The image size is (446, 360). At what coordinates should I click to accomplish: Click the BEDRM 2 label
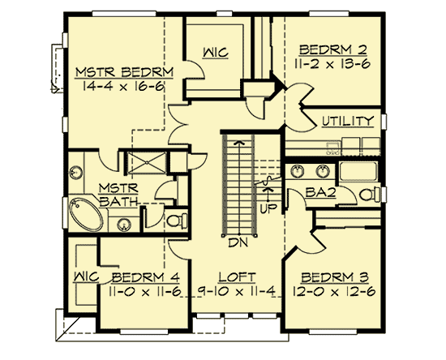[330, 46]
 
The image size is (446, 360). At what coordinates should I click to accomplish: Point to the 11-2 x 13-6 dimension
[330, 60]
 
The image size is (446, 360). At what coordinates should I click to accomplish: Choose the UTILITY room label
[347, 121]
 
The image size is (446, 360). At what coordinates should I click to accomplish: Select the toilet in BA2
[368, 195]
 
